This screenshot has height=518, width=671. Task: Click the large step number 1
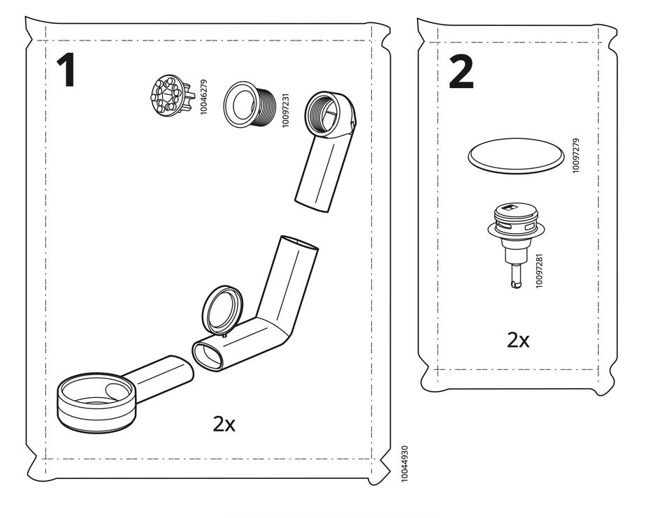(66, 70)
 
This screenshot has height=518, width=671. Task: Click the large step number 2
(461, 72)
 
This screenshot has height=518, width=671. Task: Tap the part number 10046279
(203, 97)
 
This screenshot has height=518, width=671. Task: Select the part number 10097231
(285, 110)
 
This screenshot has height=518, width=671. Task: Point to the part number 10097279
(575, 156)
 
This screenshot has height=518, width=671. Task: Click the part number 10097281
(539, 271)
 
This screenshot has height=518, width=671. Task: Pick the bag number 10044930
(405, 464)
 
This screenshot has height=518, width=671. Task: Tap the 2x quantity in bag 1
(224, 424)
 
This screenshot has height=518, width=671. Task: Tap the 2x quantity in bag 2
(518, 340)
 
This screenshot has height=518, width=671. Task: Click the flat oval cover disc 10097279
(516, 156)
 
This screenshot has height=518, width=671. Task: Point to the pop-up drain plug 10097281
(514, 244)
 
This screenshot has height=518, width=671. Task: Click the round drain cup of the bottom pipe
(96, 402)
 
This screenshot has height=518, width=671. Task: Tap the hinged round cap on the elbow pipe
(222, 309)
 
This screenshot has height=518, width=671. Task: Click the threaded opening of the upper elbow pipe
(324, 114)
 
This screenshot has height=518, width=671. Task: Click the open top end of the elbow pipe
(298, 243)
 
